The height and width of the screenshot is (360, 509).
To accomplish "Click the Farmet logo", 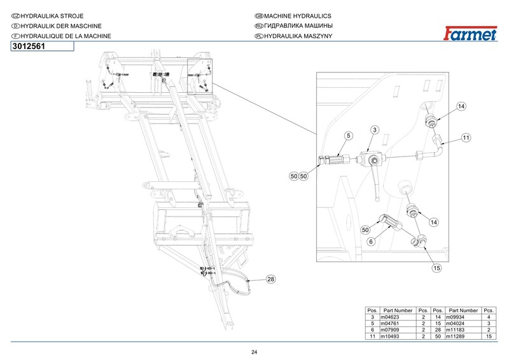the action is (470, 34).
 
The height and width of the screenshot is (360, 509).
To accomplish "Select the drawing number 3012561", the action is (29, 46).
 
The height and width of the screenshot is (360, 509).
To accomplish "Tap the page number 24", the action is (254, 352).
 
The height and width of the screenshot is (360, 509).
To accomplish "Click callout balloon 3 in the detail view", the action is (375, 130).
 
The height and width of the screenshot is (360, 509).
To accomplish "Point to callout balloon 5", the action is (348, 135).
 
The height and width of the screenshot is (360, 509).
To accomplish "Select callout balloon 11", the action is (466, 137).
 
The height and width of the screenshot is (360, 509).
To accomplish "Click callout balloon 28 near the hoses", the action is (270, 279).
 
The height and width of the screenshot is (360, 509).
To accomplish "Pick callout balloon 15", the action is (436, 268).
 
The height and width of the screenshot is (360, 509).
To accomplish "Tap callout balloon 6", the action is (371, 242).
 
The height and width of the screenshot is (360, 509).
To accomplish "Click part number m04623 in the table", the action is (390, 317).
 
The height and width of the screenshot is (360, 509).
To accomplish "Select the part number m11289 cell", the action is (455, 336).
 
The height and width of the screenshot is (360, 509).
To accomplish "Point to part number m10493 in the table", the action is (390, 336).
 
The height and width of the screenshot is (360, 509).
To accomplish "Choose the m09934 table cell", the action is (455, 317).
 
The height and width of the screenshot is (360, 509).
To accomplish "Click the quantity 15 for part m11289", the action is (489, 336).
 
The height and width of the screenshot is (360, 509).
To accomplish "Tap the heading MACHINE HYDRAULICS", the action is (298, 16).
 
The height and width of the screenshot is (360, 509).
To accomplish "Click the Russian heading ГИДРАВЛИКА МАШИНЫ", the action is (298, 26).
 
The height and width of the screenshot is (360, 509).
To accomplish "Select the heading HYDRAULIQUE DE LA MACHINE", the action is (66, 36).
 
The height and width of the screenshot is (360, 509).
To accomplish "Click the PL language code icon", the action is (259, 36).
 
